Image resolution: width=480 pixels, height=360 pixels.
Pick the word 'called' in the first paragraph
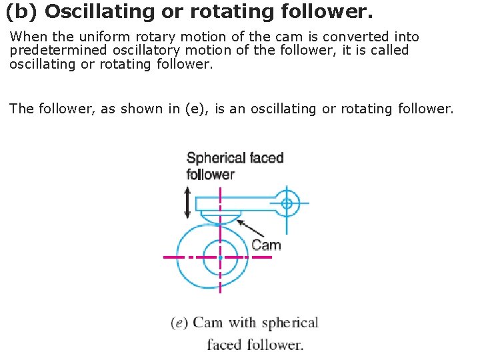(390, 50)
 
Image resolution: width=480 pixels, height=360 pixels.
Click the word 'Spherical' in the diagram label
(216, 158)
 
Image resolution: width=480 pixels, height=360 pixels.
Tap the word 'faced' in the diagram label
(267, 158)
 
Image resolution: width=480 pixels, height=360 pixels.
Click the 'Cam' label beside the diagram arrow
(266, 245)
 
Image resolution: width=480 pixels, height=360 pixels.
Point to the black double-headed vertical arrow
(188, 203)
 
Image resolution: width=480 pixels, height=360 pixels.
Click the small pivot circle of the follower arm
(287, 203)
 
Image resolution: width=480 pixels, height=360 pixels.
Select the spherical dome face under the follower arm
(221, 217)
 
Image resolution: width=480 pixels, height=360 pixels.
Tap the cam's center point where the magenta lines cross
(220, 257)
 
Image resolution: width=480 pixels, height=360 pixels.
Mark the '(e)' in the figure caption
(179, 323)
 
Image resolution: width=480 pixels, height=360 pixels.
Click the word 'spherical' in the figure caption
(290, 323)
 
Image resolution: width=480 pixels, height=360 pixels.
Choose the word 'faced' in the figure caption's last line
(224, 345)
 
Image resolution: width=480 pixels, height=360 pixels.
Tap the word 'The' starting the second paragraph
(21, 108)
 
